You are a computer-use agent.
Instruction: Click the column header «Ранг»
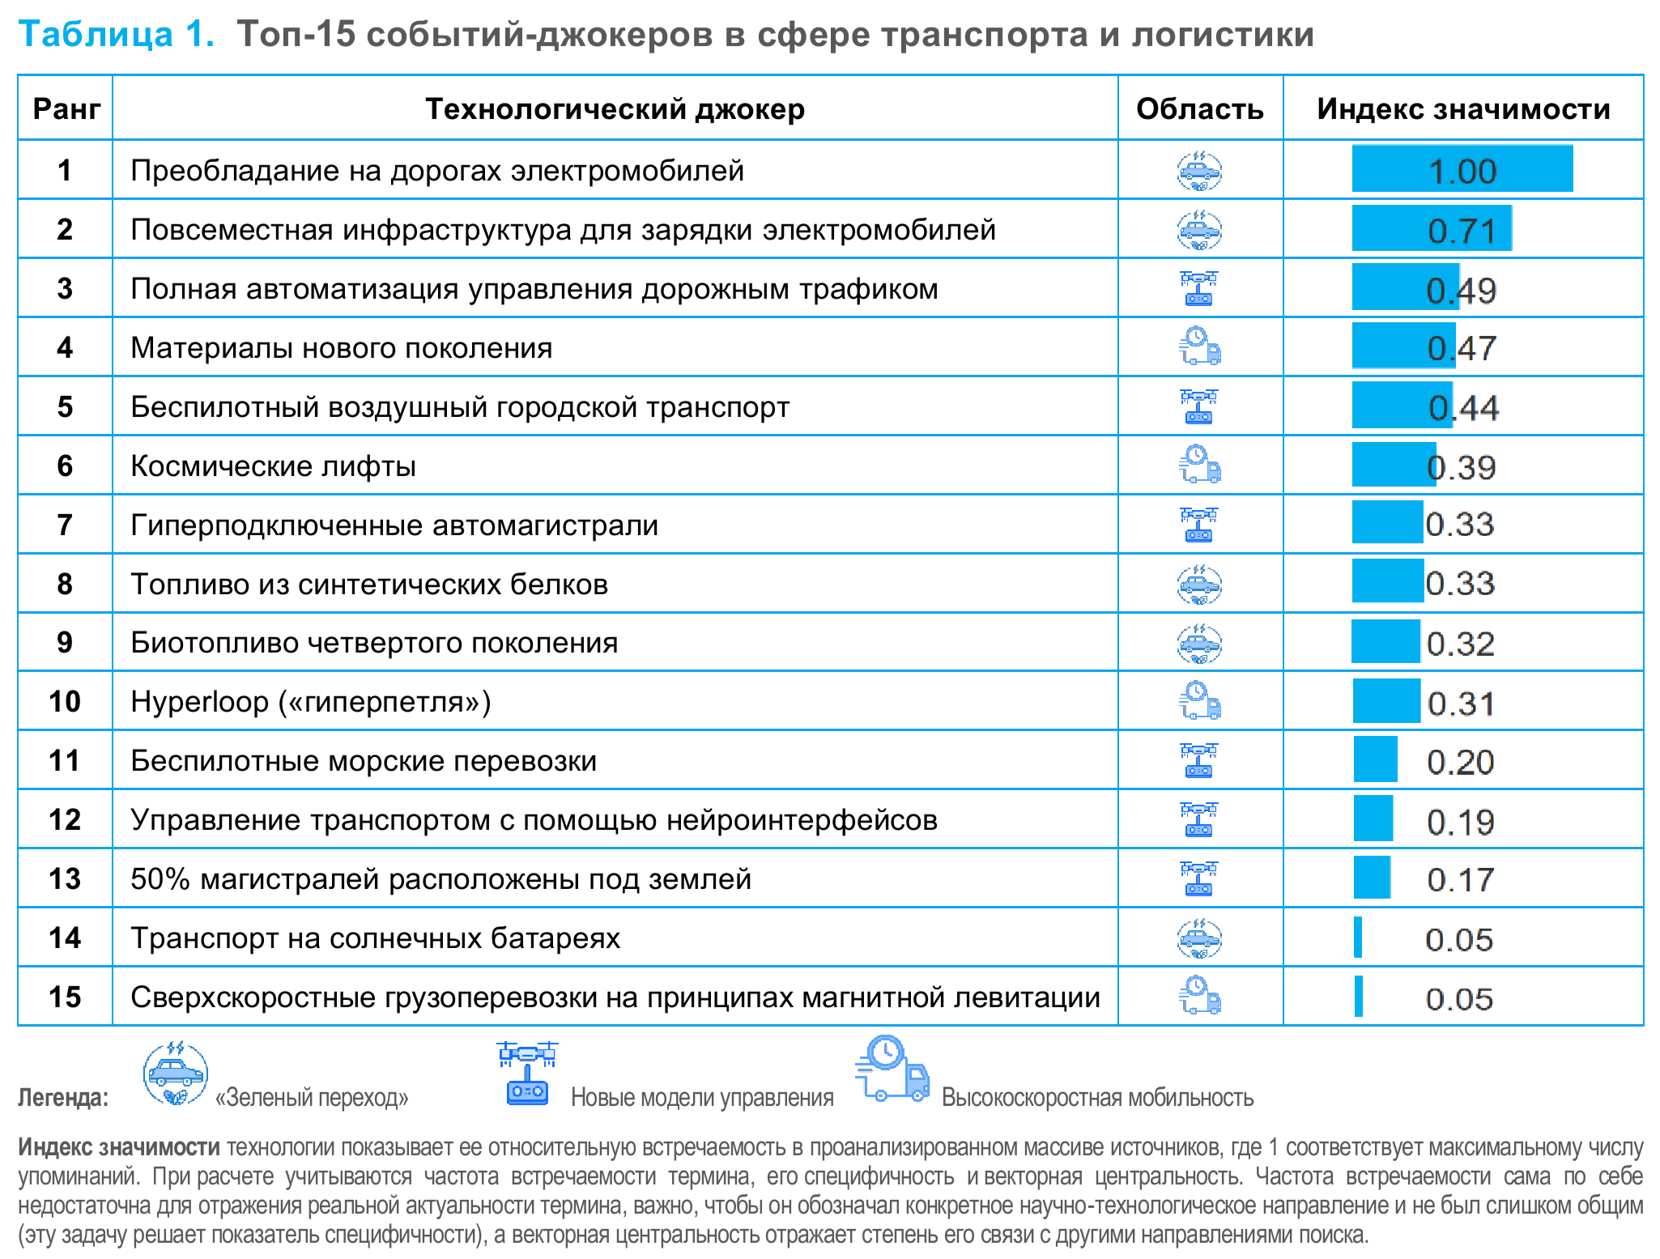[x=66, y=108]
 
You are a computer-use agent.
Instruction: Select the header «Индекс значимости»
[x=1463, y=108]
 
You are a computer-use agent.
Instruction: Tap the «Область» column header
[x=1199, y=108]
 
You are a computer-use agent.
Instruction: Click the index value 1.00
[x=1462, y=171]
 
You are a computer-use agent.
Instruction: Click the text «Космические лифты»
[x=273, y=466]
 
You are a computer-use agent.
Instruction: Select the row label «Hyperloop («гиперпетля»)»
[x=311, y=701]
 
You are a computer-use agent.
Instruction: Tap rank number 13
[x=65, y=878]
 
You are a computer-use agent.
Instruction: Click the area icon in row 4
[x=1199, y=347]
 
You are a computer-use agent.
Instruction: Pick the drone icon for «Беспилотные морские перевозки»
[x=1199, y=760]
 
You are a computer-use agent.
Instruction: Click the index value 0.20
[x=1460, y=762]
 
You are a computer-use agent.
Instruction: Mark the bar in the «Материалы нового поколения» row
[x=1402, y=346]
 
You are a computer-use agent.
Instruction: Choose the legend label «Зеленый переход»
[x=312, y=1098]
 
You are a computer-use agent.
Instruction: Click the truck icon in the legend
[x=892, y=1069]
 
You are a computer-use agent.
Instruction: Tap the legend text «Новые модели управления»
[x=702, y=1098]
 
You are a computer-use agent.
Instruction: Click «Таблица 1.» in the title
[x=117, y=34]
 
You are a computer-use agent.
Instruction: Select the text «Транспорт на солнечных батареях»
[x=375, y=938]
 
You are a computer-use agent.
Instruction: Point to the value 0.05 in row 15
[x=1459, y=999]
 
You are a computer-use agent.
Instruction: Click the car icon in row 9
[x=1199, y=643]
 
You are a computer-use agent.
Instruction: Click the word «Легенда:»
[x=63, y=1098]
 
